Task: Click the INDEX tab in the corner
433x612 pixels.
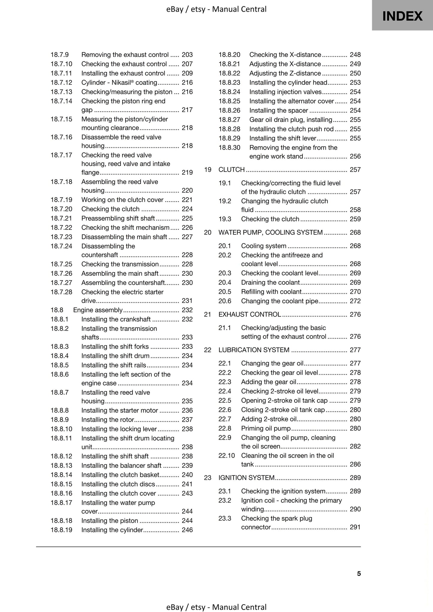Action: [x=402, y=16]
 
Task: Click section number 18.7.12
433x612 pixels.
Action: [x=61, y=83]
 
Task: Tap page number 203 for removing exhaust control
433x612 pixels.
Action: [x=187, y=55]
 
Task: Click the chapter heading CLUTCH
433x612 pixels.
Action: [x=231, y=170]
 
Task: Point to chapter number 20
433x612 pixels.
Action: [x=208, y=233]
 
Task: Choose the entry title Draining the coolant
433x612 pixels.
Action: [x=270, y=283]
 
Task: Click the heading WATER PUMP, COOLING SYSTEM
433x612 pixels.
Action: [x=270, y=233]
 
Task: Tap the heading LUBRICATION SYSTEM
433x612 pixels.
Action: [x=254, y=350]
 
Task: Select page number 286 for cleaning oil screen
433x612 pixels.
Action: [x=355, y=464]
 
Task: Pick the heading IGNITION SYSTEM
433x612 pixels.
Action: [x=246, y=478]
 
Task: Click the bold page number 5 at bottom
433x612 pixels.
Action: [x=359, y=574]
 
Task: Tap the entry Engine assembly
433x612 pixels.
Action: [x=98, y=310]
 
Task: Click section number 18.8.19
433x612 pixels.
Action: [x=61, y=530]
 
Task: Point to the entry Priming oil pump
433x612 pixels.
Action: [x=266, y=428]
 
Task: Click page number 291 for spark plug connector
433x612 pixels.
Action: [x=355, y=527]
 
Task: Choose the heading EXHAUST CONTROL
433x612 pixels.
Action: [x=250, y=315]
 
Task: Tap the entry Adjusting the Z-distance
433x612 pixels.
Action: [x=285, y=73]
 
